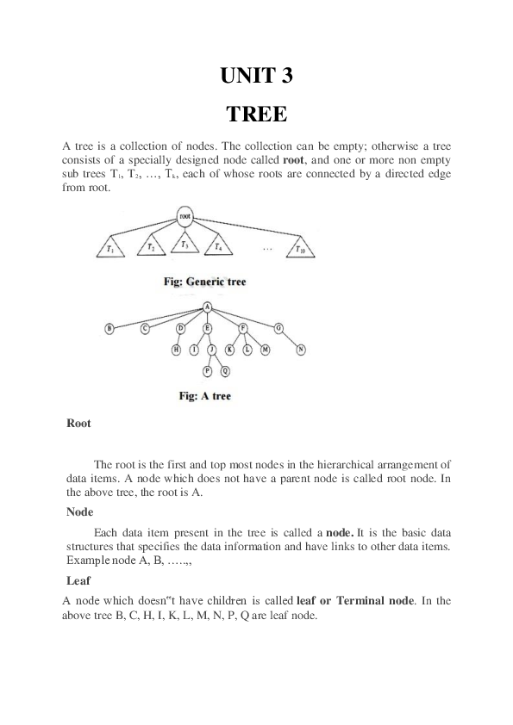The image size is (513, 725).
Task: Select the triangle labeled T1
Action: coord(111,248)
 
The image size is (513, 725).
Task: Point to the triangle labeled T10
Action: coord(299,248)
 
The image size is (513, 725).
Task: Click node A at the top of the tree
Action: coord(208,307)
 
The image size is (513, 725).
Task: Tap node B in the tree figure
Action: coord(109,328)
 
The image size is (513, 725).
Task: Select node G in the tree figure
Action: coord(278,328)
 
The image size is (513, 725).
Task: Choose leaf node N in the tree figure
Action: coord(301,350)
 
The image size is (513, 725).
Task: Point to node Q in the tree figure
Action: coord(226,371)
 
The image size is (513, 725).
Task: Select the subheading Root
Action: coord(78,424)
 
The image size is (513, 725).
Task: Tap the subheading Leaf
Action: coord(78,580)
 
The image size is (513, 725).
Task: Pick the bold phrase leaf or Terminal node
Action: coord(354,599)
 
